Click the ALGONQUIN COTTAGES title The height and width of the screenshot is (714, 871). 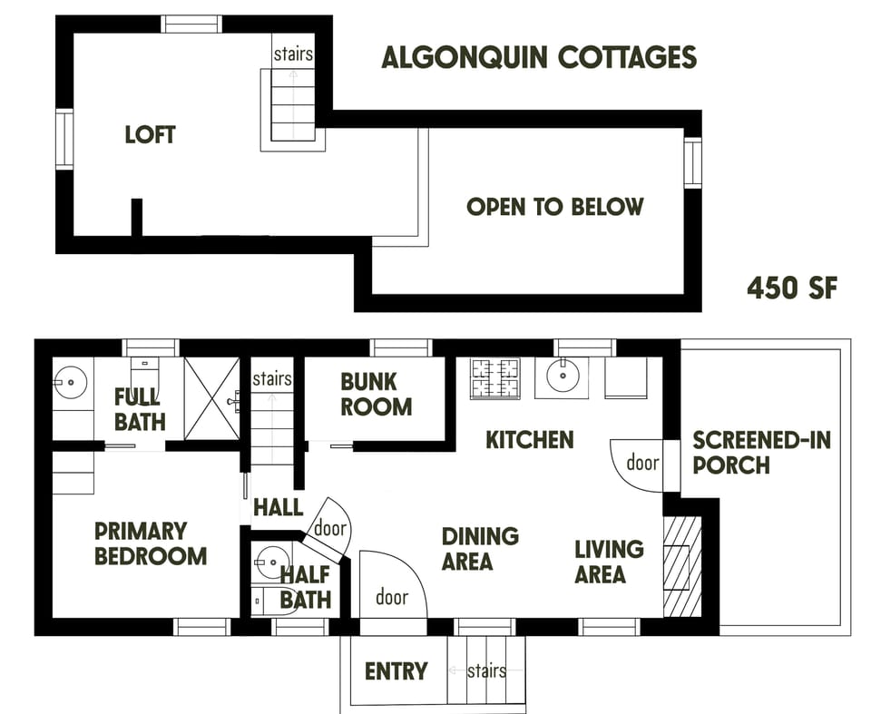click(x=539, y=57)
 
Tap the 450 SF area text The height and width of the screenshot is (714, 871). click(x=791, y=289)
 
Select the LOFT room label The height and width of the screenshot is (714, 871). click(x=150, y=135)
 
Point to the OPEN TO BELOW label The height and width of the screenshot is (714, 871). click(x=554, y=207)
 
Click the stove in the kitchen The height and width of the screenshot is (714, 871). click(x=495, y=378)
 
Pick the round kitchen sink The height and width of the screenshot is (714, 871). click(x=562, y=377)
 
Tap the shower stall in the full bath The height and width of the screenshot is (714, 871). click(x=211, y=397)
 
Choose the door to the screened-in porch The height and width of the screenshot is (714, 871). click(x=639, y=464)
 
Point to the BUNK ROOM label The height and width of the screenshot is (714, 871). click(x=376, y=394)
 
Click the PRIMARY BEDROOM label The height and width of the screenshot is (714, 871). click(x=151, y=543)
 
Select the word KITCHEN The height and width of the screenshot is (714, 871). click(x=530, y=440)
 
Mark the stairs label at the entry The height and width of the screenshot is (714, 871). click(x=486, y=671)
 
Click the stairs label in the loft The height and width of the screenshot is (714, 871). click(x=293, y=54)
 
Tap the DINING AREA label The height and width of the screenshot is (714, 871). click(x=480, y=549)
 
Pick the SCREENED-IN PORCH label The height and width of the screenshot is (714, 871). click(x=761, y=453)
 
